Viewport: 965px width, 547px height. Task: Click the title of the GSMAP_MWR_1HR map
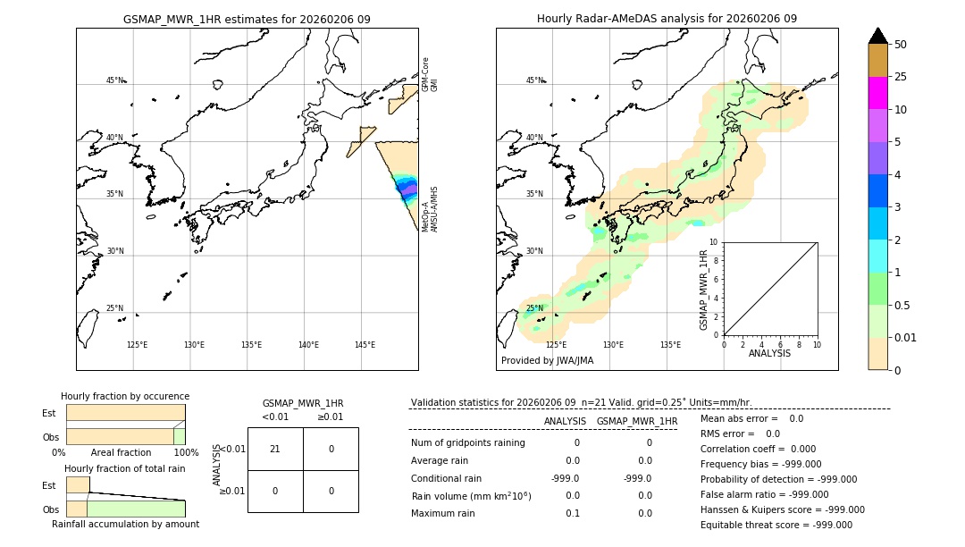[247, 19]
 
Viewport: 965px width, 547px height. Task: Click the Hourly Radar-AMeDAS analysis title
[667, 19]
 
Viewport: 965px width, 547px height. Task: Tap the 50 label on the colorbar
[901, 45]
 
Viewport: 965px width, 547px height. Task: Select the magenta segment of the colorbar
[877, 93]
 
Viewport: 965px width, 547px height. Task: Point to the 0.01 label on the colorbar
[906, 337]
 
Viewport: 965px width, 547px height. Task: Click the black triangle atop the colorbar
[877, 36]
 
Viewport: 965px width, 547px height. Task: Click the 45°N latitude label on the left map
[114, 80]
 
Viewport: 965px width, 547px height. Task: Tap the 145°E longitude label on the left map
[365, 345]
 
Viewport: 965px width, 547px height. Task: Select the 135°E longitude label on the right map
[670, 345]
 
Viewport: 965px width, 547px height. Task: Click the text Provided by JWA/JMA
[547, 360]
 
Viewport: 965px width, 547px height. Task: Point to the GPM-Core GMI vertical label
[430, 74]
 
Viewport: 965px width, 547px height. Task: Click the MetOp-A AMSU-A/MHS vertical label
[430, 209]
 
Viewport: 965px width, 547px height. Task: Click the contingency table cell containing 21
[274, 449]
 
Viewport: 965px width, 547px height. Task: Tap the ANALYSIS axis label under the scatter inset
[769, 353]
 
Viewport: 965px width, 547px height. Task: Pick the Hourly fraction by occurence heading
[124, 396]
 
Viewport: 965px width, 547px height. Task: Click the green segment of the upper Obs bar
[179, 436]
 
